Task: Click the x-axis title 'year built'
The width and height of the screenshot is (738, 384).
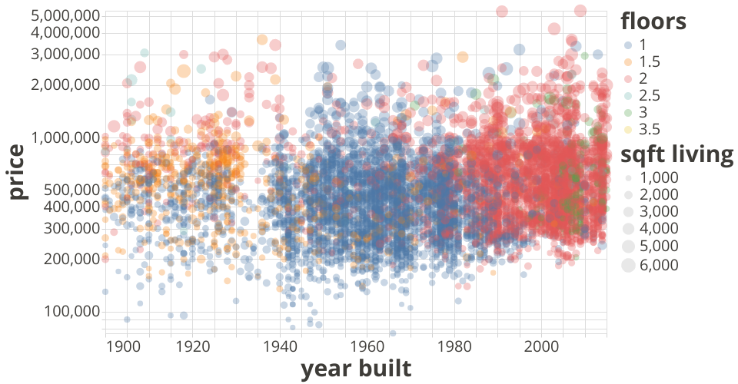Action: [355, 369]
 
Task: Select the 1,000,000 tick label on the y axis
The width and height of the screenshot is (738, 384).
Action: [63, 138]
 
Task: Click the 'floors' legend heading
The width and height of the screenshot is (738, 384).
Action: [653, 21]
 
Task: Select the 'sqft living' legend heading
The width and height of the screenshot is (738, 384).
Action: [676, 154]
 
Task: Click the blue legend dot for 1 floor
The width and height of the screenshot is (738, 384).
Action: [628, 45]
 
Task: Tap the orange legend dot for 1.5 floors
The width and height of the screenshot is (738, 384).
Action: [628, 61]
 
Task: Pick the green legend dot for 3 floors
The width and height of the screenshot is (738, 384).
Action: [628, 112]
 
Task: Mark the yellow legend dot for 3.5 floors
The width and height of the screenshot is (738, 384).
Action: [628, 128]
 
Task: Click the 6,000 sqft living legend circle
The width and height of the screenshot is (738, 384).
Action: [628, 265]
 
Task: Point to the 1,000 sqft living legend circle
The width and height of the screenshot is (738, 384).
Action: [628, 177]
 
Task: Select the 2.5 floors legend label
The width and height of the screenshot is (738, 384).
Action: [650, 95]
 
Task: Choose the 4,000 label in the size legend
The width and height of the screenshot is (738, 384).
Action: [660, 229]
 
